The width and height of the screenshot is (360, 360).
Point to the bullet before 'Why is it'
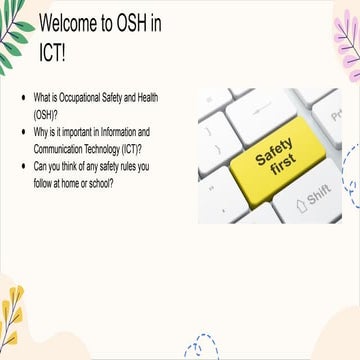coord(24,131)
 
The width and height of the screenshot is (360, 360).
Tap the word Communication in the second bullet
coord(65,148)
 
